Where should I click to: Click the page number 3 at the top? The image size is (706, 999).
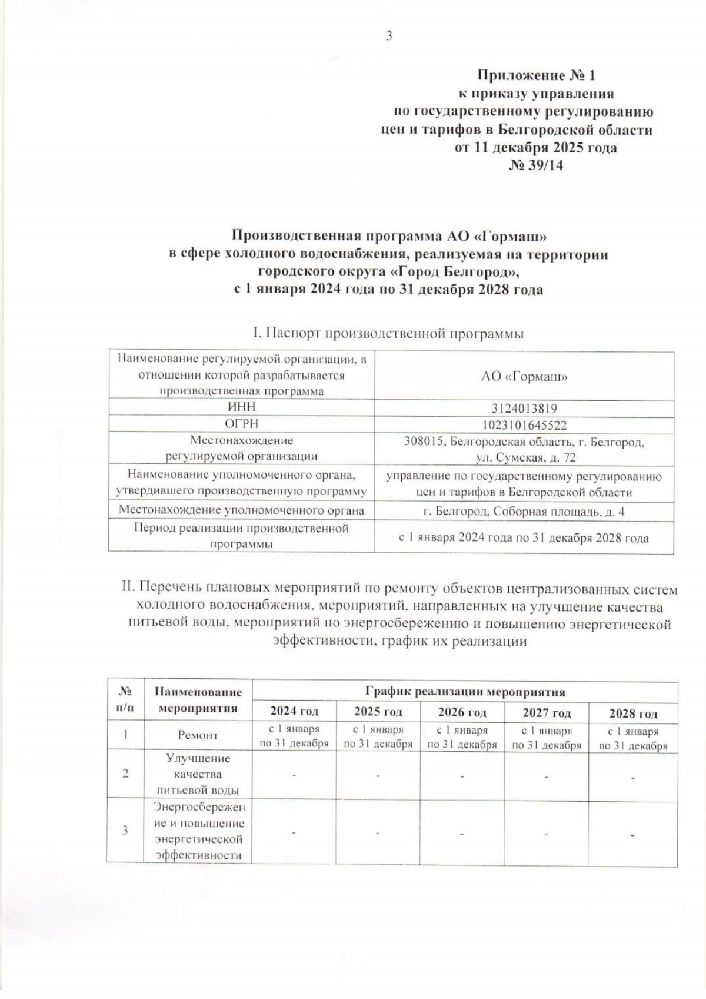(389, 36)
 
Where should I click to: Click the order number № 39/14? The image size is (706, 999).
(535, 165)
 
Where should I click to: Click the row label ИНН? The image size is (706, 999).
(241, 407)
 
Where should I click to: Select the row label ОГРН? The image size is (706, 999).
(241, 424)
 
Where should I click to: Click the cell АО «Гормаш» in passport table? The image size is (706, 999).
(524, 377)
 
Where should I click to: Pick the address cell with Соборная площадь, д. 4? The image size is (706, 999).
(524, 512)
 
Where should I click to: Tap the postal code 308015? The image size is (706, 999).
(424, 442)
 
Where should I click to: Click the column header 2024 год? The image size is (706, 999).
(294, 712)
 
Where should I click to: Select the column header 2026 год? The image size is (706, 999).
(462, 712)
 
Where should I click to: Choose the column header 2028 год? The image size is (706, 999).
(633, 713)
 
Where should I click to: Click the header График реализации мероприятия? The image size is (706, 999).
(465, 691)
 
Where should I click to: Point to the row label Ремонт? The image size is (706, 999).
(198, 735)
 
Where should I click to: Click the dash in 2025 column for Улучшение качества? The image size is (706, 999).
(378, 776)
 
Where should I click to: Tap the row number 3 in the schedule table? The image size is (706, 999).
(125, 831)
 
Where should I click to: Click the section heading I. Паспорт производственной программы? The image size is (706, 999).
(388, 333)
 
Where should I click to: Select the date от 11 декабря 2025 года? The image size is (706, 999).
(536, 147)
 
